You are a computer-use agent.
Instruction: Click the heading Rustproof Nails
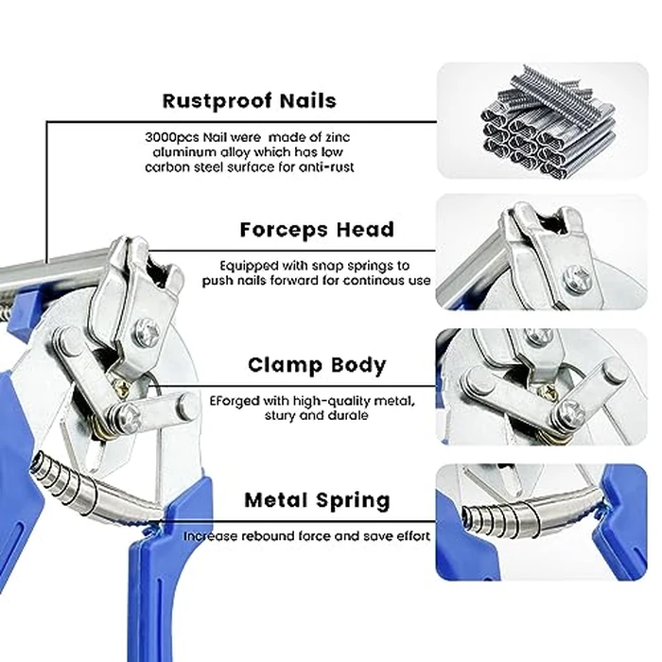click(249, 100)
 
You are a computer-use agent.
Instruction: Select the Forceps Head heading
click(316, 230)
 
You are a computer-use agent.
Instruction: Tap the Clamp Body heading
click(316, 365)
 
